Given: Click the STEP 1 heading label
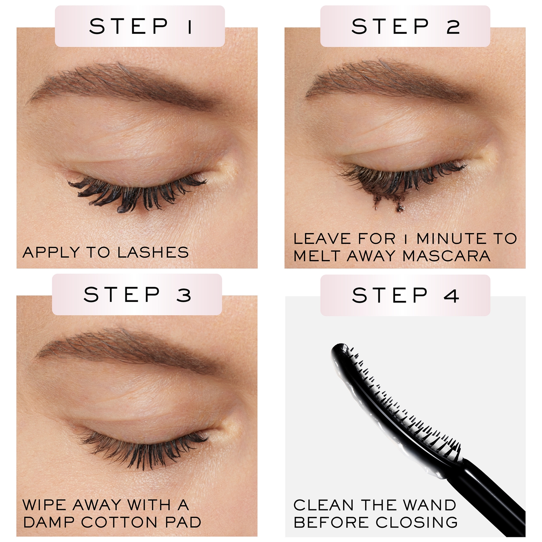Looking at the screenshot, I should point(140,26).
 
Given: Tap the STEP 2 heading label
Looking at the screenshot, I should point(405,26).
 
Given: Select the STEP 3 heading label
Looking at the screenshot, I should point(137,294).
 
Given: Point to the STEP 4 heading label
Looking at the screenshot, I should point(405,295).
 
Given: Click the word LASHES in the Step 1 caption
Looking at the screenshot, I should point(153,253).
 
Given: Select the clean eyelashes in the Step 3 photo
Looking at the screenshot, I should point(146,449).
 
